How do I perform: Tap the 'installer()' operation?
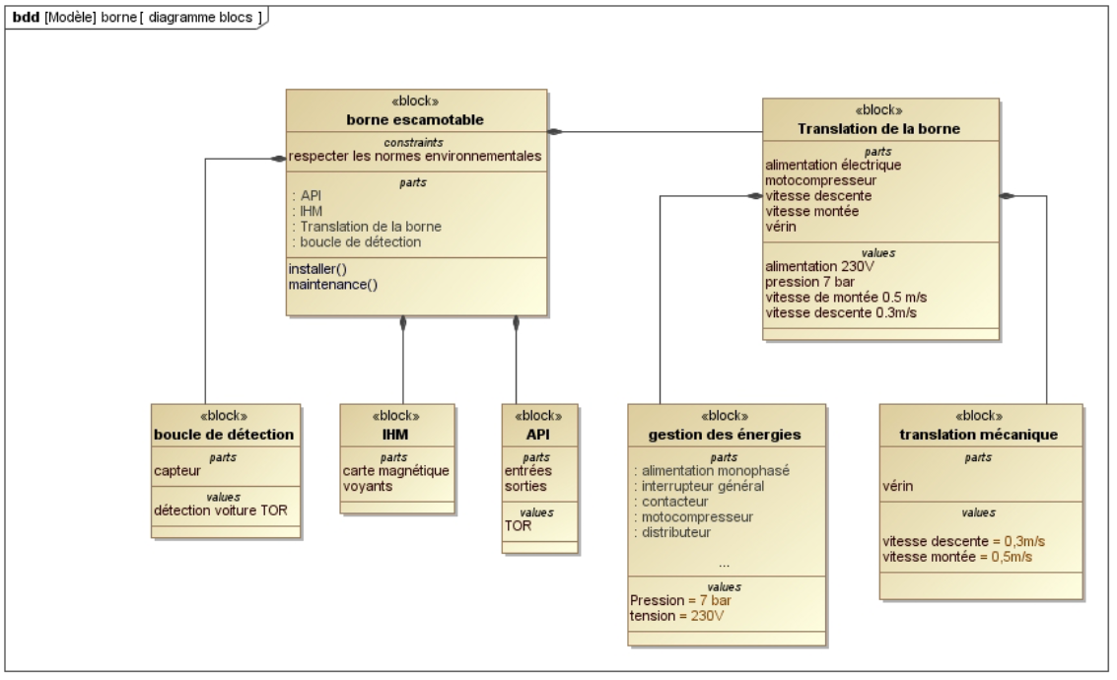click(x=318, y=269)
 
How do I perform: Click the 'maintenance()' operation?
click(x=333, y=284)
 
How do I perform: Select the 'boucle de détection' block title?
click(x=224, y=434)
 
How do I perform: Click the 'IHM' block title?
click(x=397, y=434)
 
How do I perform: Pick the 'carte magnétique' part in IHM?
click(x=396, y=470)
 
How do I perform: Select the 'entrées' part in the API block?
click(x=527, y=470)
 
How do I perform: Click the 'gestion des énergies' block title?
click(x=725, y=434)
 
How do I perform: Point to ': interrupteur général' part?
click(x=698, y=486)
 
